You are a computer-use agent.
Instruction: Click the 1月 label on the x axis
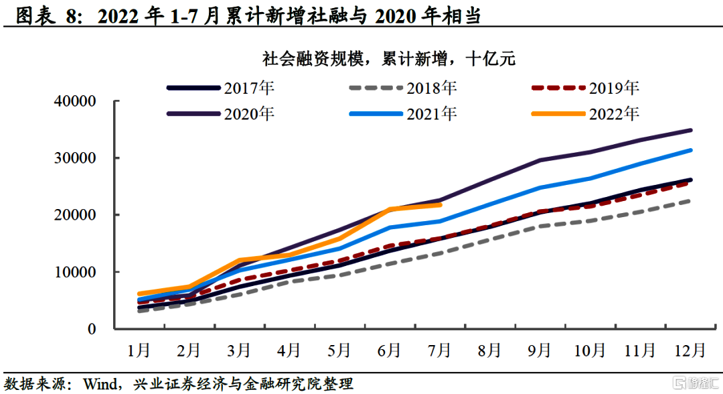pyautogui.click(x=139, y=350)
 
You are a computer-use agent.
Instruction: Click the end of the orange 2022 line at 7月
pyautogui.click(x=440, y=204)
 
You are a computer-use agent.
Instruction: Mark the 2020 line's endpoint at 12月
pyautogui.click(x=690, y=130)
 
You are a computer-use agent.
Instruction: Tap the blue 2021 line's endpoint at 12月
pyautogui.click(x=690, y=150)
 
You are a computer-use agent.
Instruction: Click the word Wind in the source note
pyautogui.click(x=98, y=384)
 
